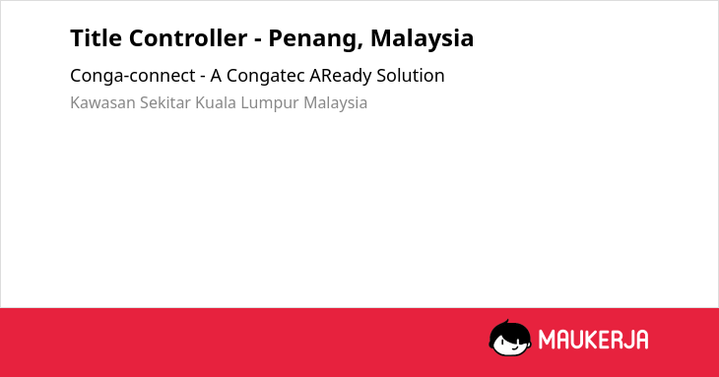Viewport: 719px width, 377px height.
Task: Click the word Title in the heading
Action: (95, 38)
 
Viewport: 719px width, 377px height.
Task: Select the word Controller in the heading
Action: (188, 38)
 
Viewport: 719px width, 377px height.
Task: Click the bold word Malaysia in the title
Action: (422, 39)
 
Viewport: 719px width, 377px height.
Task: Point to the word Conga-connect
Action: (133, 76)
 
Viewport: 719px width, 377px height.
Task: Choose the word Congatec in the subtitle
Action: (266, 76)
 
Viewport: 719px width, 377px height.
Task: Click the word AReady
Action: (341, 76)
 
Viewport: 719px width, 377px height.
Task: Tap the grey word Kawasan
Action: (102, 103)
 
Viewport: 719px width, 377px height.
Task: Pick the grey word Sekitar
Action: (165, 103)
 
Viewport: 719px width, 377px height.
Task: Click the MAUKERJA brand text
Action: (593, 340)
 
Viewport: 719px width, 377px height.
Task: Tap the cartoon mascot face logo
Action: (510, 339)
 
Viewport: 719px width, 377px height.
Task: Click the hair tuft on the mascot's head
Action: (506, 323)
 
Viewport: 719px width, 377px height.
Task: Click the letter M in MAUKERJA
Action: (547, 340)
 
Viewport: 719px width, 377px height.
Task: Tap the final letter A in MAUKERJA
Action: (641, 340)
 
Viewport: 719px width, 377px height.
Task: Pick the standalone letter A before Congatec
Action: (216, 76)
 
